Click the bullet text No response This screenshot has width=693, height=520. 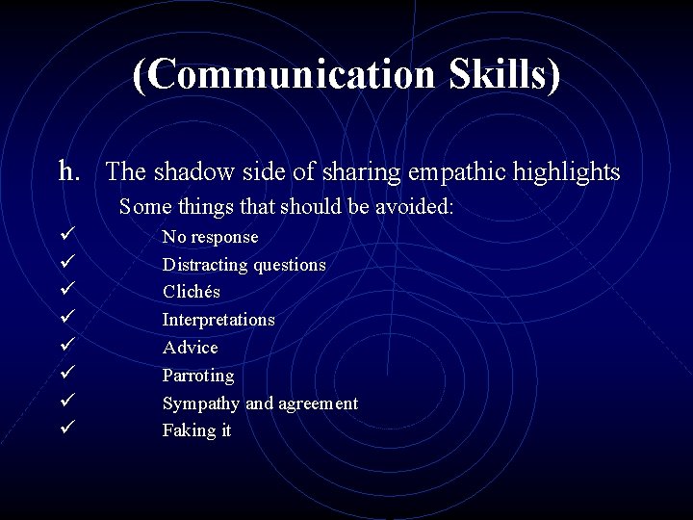(x=210, y=237)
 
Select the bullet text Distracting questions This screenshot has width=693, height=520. (x=244, y=265)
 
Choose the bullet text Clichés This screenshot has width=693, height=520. (x=191, y=292)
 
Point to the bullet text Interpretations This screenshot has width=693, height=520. (x=218, y=320)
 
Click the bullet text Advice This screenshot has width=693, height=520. (x=190, y=348)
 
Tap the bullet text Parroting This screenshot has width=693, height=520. (x=197, y=376)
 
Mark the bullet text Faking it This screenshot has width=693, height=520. (x=196, y=430)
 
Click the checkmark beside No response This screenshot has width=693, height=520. (x=65, y=235)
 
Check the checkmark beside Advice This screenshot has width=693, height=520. (x=65, y=345)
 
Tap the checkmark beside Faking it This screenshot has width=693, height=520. (x=65, y=428)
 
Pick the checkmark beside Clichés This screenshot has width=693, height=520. (x=65, y=290)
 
